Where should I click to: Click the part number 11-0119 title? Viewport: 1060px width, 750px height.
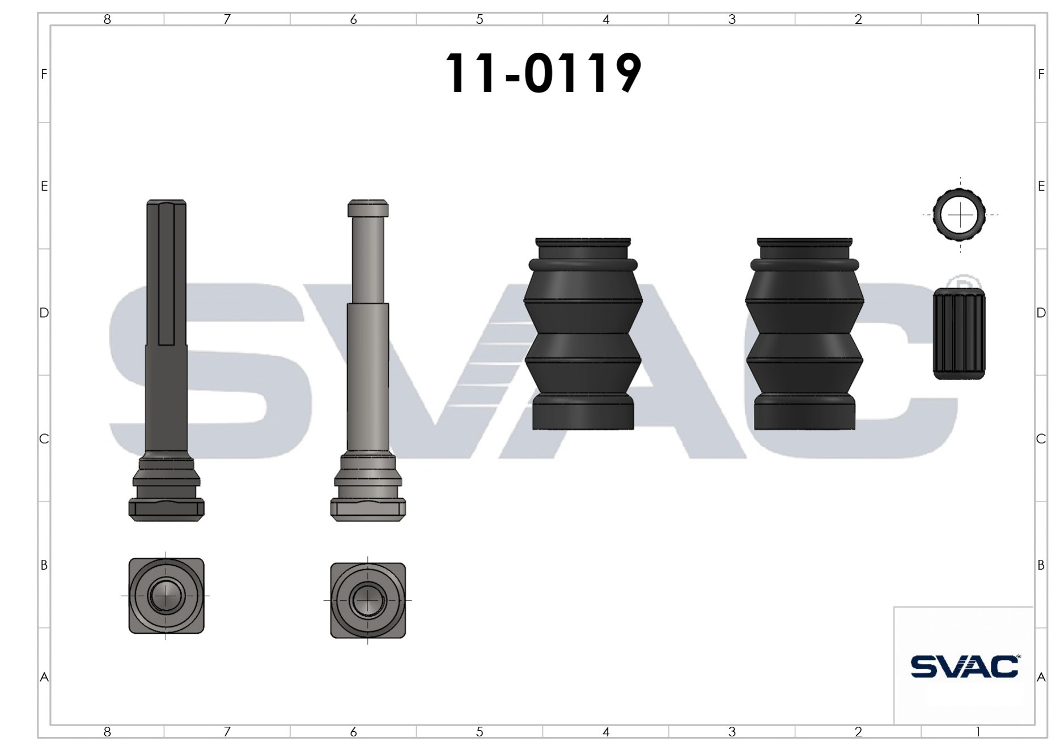[x=542, y=73]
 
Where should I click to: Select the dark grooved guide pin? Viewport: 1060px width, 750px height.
[x=166, y=360]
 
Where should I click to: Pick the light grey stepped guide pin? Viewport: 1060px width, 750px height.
[x=368, y=360]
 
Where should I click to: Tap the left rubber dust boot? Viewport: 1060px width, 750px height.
[x=583, y=334]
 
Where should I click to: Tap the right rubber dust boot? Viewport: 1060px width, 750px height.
[x=804, y=334]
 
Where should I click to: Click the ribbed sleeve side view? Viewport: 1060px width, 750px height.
[x=959, y=334]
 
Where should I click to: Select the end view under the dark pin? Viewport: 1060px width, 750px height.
[x=166, y=596]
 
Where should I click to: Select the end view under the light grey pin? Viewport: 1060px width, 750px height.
[x=368, y=600]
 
